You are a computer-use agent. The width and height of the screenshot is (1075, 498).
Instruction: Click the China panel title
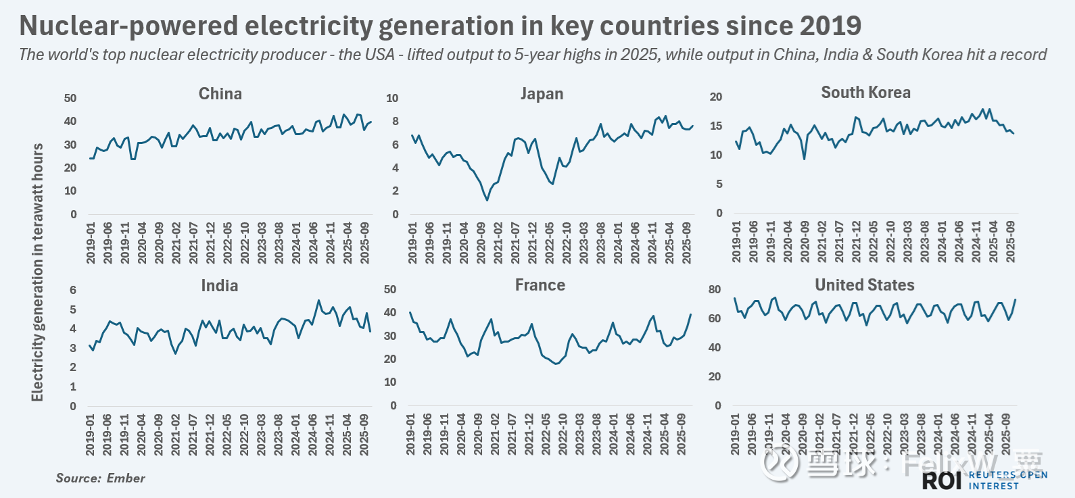click(x=220, y=94)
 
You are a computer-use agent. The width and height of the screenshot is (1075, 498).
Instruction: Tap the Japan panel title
click(x=542, y=94)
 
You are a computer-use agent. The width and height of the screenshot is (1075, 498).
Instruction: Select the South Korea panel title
click(x=865, y=93)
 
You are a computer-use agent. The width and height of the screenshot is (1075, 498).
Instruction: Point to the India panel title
click(x=219, y=286)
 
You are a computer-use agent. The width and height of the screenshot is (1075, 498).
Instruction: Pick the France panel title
click(x=540, y=285)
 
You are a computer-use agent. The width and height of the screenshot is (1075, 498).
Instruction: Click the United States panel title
click(x=864, y=285)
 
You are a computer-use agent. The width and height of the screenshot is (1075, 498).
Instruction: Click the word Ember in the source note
click(x=126, y=478)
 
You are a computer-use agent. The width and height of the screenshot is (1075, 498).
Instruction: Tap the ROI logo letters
click(x=942, y=480)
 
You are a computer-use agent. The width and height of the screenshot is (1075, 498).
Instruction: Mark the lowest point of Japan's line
click(x=487, y=200)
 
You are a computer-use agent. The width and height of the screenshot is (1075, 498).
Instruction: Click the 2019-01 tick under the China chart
click(x=91, y=243)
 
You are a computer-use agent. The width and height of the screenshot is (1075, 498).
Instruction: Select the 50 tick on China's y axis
click(x=70, y=98)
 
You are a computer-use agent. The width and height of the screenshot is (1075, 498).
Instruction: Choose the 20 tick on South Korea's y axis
click(x=715, y=97)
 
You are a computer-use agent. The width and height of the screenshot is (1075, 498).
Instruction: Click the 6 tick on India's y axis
click(x=73, y=290)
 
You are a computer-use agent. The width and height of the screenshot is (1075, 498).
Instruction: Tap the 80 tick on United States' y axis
click(x=715, y=289)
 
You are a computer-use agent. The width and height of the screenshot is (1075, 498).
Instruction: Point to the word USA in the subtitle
click(x=379, y=55)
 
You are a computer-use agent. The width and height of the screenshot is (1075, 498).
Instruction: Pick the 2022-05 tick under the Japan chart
click(x=550, y=243)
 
